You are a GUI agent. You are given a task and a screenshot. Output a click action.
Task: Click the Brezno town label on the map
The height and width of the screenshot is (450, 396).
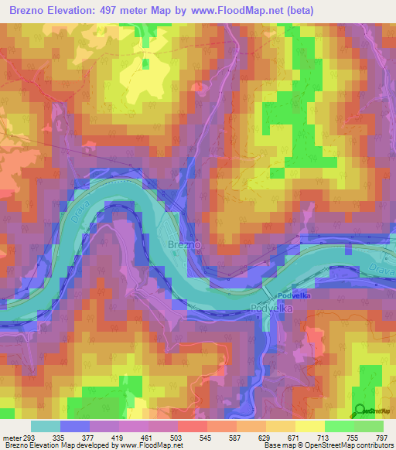pos(184,244)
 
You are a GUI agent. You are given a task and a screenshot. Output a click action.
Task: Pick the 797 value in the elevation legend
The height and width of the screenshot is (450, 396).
pos(382,437)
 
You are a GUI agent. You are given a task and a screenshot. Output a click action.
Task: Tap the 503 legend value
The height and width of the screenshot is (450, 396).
pos(176,437)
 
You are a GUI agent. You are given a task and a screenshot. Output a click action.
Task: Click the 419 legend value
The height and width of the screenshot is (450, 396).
pos(118,437)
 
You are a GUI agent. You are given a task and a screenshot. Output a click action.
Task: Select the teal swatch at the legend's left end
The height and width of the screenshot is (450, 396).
pos(46,426)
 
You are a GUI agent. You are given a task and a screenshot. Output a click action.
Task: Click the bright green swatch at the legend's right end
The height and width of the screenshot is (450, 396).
pos(368,426)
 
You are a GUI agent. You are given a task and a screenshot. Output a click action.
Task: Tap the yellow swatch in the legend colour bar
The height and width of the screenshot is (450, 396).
pos(309,426)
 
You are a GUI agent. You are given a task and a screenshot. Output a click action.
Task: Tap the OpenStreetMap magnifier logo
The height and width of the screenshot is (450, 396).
pos(360,411)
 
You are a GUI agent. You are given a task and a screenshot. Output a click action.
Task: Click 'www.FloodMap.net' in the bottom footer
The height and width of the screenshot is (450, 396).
pos(152,445)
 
